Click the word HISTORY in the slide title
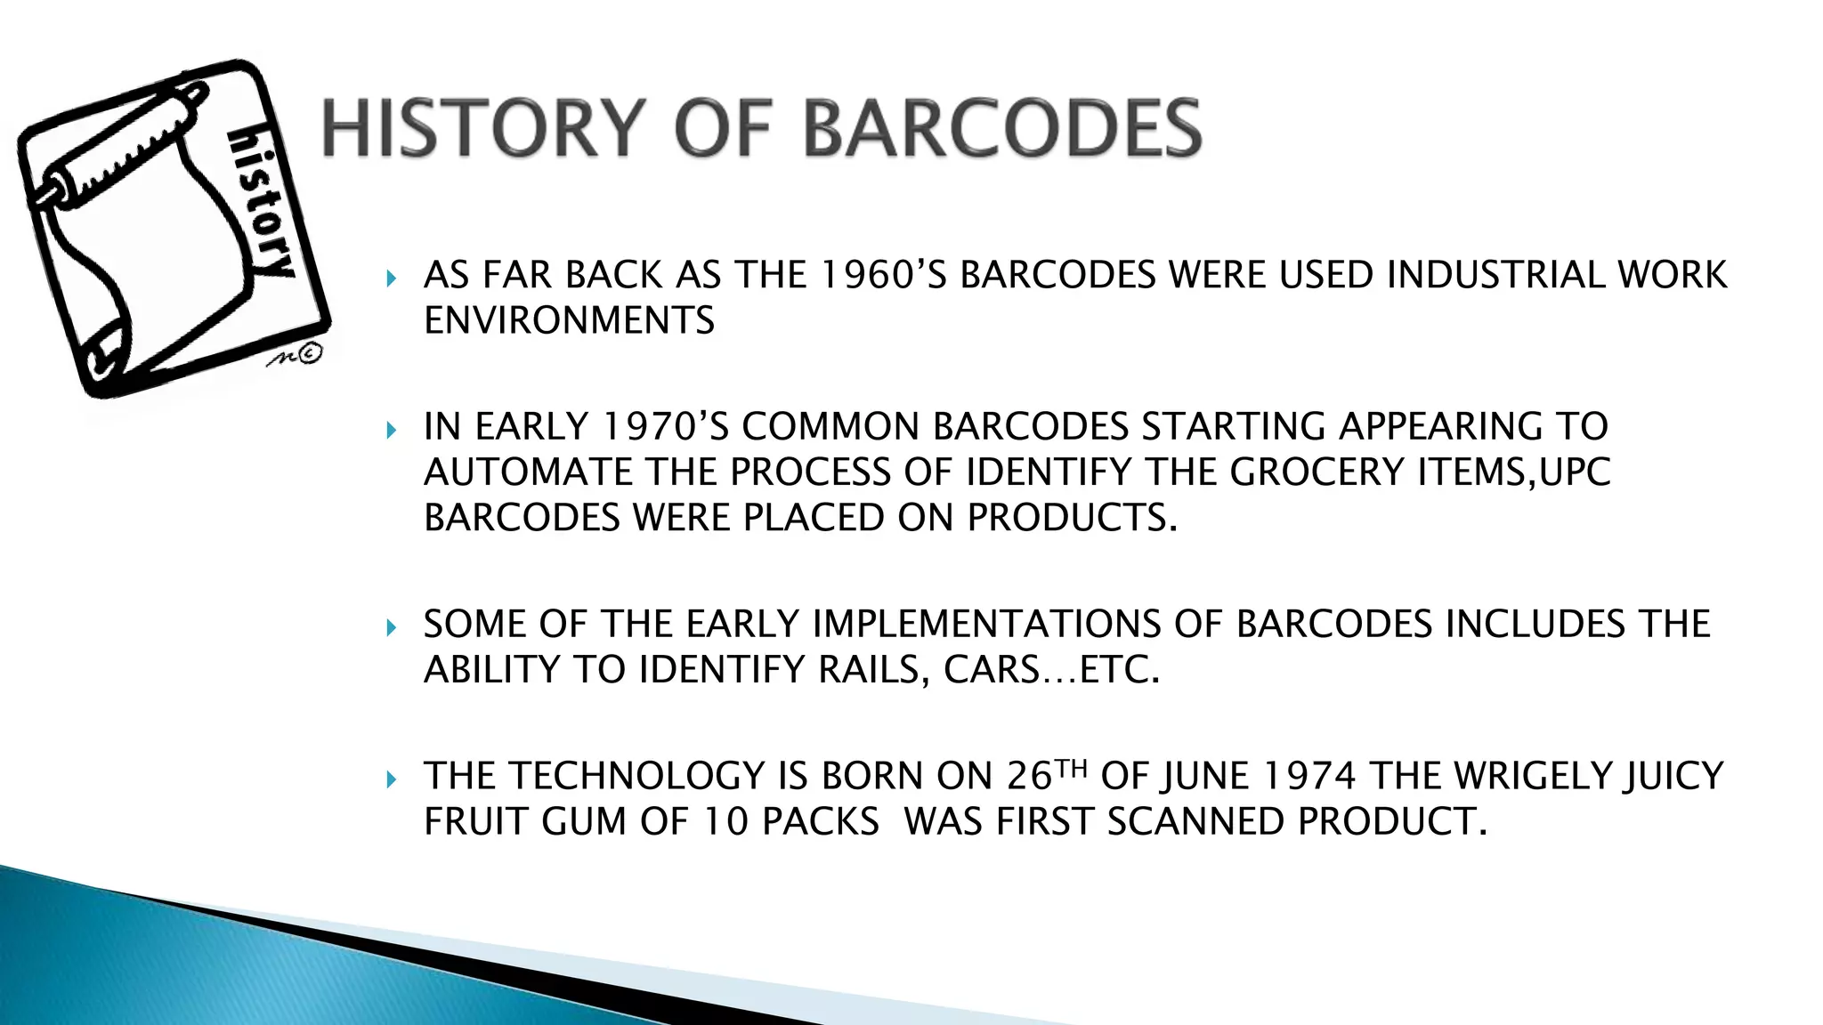point(481,128)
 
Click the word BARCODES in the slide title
point(1002,128)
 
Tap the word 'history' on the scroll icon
point(260,203)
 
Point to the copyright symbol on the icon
point(309,354)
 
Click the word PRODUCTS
point(1072,518)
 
